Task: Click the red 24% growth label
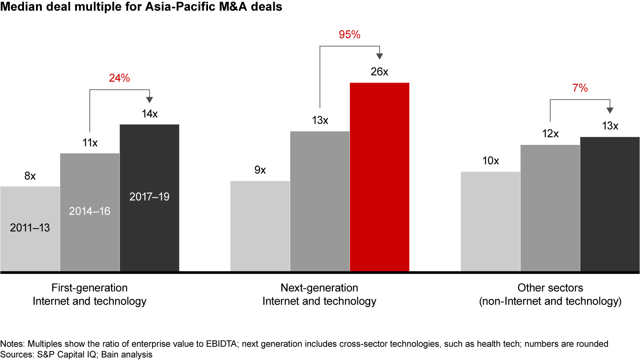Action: (119, 79)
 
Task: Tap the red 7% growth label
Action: (580, 88)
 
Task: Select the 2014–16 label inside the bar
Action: (90, 211)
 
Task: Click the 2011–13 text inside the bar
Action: (30, 228)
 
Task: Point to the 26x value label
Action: (379, 72)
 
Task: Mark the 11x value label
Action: (90, 143)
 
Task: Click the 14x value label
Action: (149, 114)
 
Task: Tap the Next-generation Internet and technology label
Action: (320, 294)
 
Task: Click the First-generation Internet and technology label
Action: (89, 294)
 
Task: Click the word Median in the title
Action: (19, 8)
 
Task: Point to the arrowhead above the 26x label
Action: (380, 56)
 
